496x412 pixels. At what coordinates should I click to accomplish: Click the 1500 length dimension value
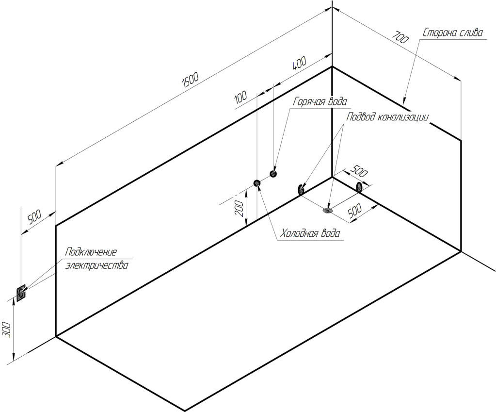click(191, 81)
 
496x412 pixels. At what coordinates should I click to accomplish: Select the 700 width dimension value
click(400, 37)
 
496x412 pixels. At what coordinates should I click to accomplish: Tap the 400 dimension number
click(299, 64)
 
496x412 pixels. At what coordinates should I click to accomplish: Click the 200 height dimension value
click(240, 208)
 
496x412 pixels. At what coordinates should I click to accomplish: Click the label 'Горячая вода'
click(320, 101)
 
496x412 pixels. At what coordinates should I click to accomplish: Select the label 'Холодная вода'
click(311, 233)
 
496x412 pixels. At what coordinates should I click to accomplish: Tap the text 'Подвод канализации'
click(388, 117)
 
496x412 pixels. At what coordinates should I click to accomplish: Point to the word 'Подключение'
click(91, 252)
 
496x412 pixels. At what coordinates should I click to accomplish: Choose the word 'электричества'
click(97, 265)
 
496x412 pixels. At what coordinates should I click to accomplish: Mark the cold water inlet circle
click(256, 183)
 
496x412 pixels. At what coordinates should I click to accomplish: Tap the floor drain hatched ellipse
click(327, 210)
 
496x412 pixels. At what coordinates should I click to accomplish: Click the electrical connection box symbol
click(21, 292)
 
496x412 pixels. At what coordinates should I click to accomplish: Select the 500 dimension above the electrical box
click(34, 217)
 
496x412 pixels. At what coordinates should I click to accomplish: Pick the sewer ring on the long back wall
click(300, 189)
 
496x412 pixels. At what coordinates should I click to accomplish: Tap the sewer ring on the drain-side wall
click(359, 187)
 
